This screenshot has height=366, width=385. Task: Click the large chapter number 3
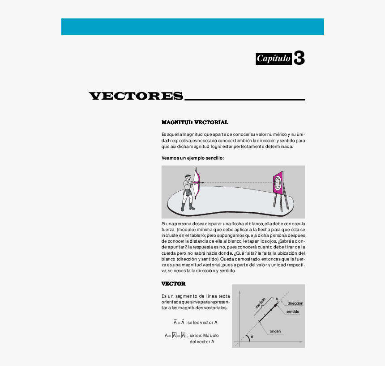pyautogui.click(x=299, y=58)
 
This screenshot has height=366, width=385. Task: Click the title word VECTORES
pyautogui.click(x=136, y=96)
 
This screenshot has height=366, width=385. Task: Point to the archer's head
pyautogui.click(x=187, y=177)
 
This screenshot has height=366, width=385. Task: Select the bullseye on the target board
pyautogui.click(x=277, y=182)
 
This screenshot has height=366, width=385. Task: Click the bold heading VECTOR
pyautogui.click(x=173, y=284)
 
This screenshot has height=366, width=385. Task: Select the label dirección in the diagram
pyautogui.click(x=295, y=303)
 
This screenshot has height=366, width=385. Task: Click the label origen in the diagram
pyautogui.click(x=275, y=332)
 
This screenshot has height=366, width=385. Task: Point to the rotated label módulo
pyautogui.click(x=260, y=303)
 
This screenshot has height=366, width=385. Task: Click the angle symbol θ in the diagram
pyautogui.click(x=252, y=337)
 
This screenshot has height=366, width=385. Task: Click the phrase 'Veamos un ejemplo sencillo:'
pyautogui.click(x=193, y=158)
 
